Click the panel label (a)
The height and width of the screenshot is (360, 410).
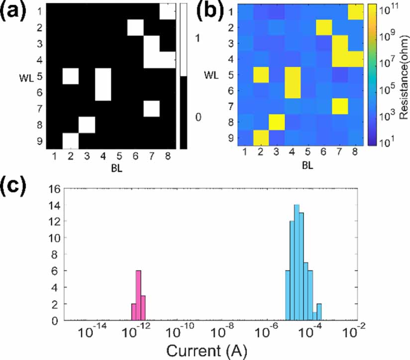[x=16, y=11]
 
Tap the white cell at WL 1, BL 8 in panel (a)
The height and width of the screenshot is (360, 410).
[x=167, y=11]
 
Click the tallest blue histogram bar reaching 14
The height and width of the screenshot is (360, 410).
[x=297, y=262]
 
